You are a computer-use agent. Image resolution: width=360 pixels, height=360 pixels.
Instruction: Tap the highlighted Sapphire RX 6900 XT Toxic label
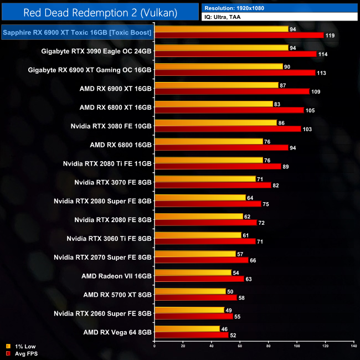(x=77, y=33)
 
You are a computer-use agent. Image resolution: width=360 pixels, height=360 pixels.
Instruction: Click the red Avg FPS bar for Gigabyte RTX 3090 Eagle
(x=235, y=54)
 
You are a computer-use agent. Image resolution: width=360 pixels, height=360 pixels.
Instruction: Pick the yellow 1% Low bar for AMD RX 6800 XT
(x=214, y=104)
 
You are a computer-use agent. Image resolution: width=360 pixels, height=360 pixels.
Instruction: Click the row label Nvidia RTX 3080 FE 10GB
(x=111, y=126)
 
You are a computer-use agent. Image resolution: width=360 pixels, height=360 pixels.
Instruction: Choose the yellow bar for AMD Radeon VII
(x=193, y=272)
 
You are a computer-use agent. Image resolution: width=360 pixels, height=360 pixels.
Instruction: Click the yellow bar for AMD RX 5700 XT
(x=190, y=291)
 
